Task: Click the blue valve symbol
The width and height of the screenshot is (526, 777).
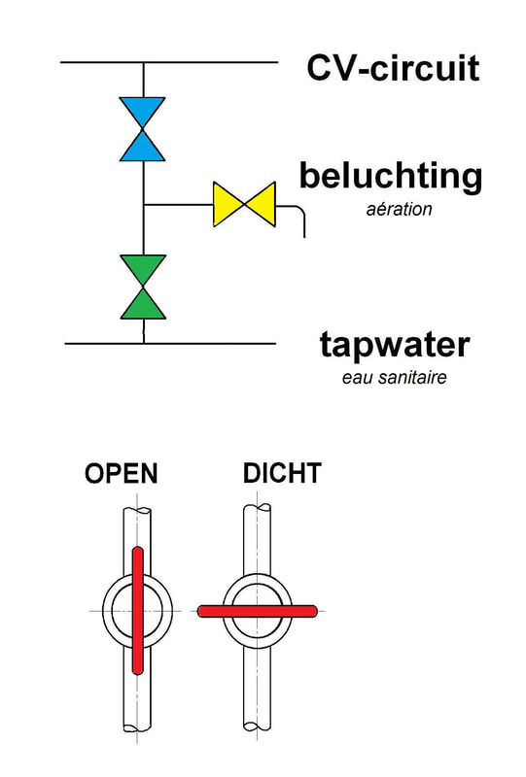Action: [x=142, y=129]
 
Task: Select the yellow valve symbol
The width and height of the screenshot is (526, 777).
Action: [x=244, y=204]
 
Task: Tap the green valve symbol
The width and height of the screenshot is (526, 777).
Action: [x=143, y=287]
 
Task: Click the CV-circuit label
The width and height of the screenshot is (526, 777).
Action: [x=394, y=68]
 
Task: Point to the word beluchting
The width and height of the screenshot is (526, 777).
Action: [x=391, y=176]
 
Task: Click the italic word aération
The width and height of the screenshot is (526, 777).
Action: [x=399, y=209]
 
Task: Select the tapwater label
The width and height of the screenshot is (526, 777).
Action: [x=395, y=345]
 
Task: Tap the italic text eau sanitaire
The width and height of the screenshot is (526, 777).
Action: [x=394, y=377]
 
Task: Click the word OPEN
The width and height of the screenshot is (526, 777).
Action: [x=122, y=473]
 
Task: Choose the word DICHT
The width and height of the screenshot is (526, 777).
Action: [x=282, y=473]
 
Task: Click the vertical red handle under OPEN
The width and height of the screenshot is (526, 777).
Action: [x=137, y=611]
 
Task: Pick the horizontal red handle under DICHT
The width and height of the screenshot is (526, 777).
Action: [x=257, y=611]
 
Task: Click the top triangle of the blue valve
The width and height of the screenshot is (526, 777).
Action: [x=142, y=113]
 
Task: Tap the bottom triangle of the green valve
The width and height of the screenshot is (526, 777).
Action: [x=143, y=303]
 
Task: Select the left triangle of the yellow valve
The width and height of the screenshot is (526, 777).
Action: [x=228, y=204]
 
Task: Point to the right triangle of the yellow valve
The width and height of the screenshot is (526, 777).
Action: [x=260, y=204]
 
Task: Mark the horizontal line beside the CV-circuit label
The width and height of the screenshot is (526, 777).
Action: [x=169, y=62]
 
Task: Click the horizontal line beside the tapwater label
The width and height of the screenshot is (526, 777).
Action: [x=170, y=343]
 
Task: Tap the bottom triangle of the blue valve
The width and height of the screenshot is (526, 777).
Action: [x=142, y=146]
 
